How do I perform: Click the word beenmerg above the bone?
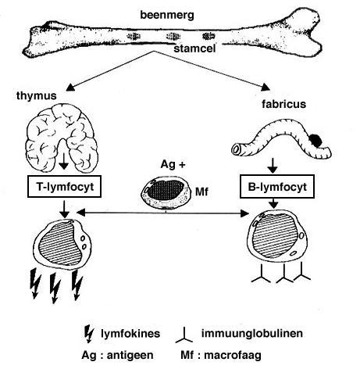point(167,15)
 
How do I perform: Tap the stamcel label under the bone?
point(194,48)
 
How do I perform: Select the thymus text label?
point(37,96)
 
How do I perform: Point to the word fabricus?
point(283,104)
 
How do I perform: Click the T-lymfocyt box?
point(64,186)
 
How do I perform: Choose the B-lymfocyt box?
point(277,187)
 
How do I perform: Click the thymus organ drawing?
point(62,138)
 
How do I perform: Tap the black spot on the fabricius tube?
point(315,140)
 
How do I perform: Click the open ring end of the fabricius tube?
point(237,150)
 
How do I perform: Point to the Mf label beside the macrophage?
point(201,192)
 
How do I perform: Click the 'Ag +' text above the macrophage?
point(173,165)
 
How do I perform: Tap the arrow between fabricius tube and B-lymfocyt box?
point(273,165)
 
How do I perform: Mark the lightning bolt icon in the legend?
point(89,334)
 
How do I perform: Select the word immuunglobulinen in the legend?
point(252,333)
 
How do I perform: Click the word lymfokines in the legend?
point(130,334)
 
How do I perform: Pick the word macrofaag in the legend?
point(233,355)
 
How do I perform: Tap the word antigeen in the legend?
point(130,355)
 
